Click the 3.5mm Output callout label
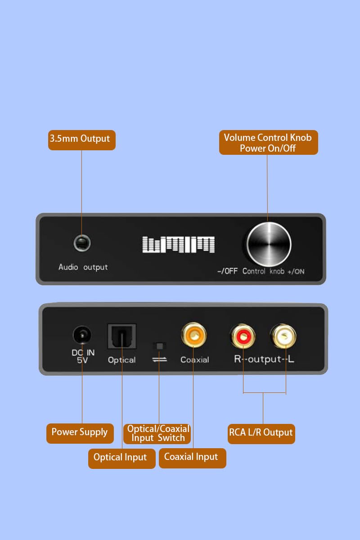(82, 140)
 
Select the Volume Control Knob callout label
(268, 143)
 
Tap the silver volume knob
(269, 244)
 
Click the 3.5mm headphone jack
(82, 243)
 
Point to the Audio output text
(83, 267)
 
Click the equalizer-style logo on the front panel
(179, 244)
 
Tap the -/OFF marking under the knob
(227, 271)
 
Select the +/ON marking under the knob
(296, 272)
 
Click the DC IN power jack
(82, 334)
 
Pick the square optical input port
(122, 336)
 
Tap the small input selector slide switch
(159, 346)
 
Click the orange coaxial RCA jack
(194, 335)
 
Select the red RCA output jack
(243, 336)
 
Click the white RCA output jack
(283, 336)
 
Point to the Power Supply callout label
(80, 433)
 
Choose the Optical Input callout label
(122, 459)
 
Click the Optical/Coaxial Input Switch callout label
(157, 434)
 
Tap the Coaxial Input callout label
(193, 458)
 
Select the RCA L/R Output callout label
(261, 434)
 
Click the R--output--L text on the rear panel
(264, 359)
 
